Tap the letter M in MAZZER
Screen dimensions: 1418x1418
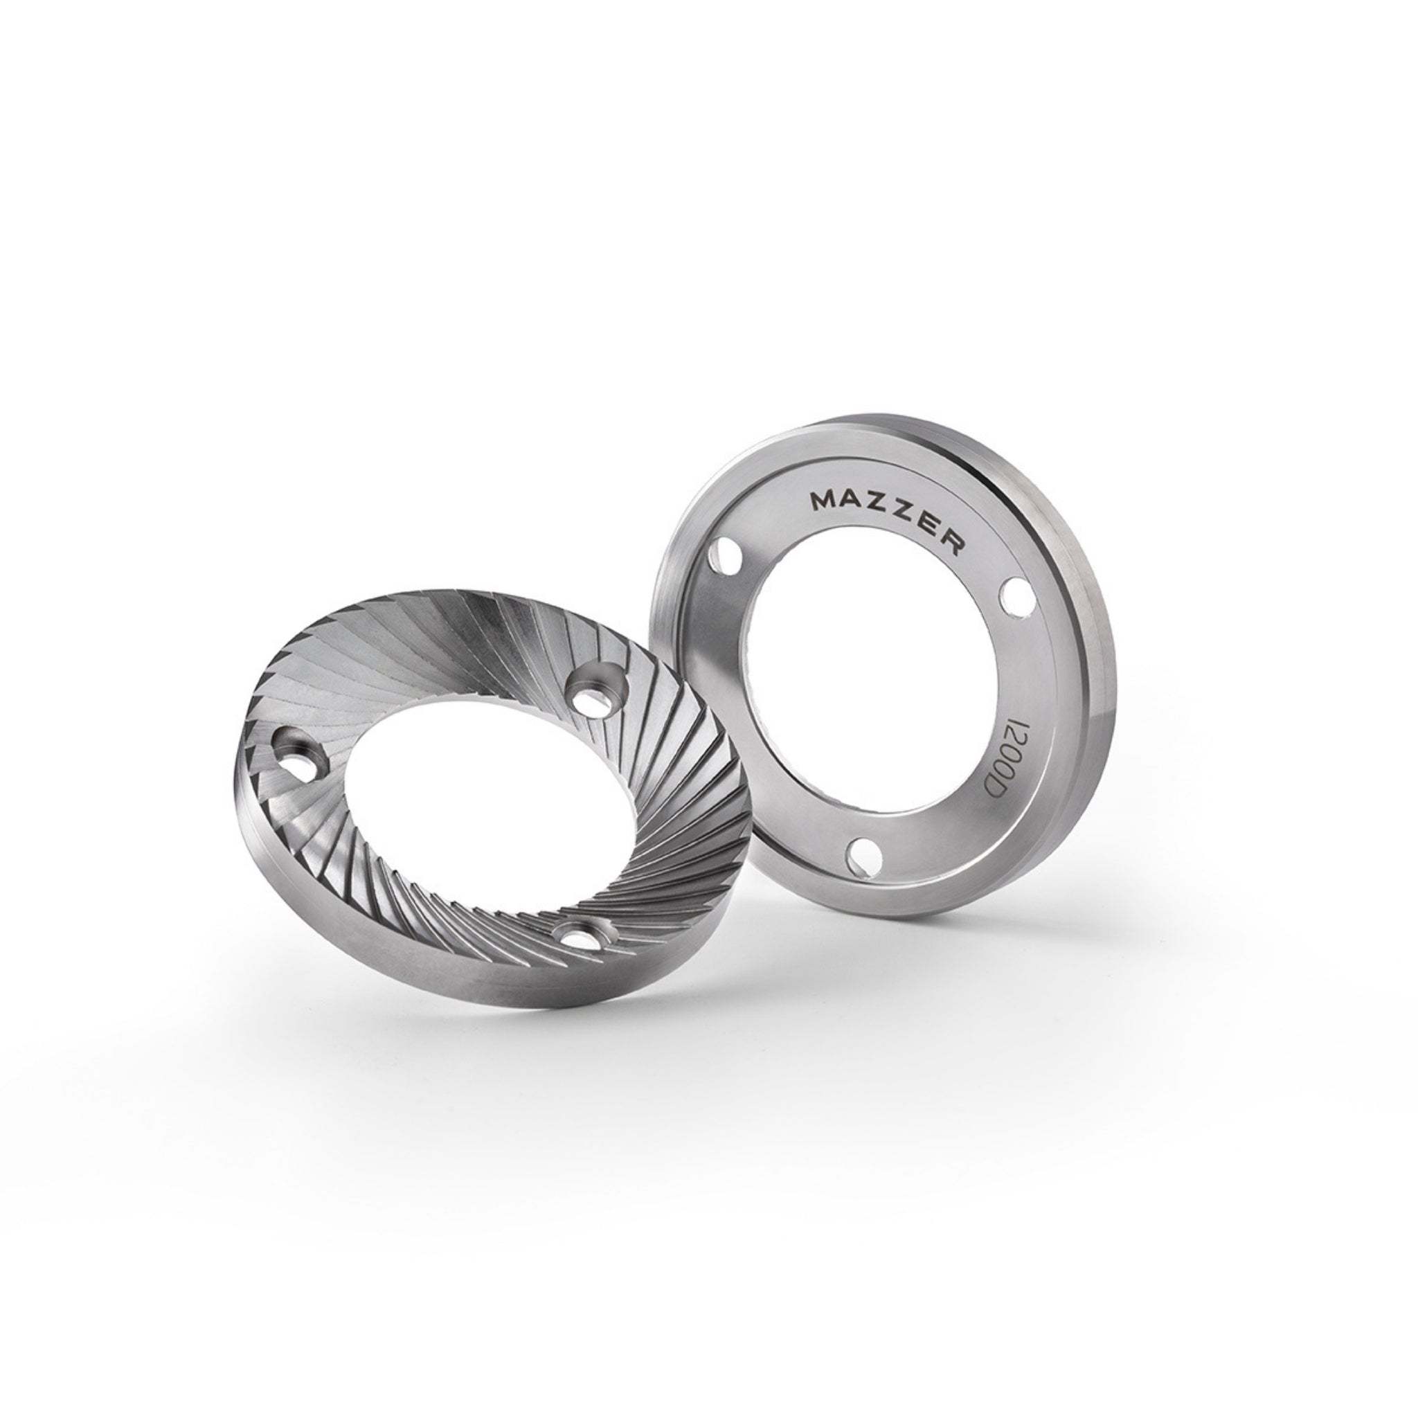821,502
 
